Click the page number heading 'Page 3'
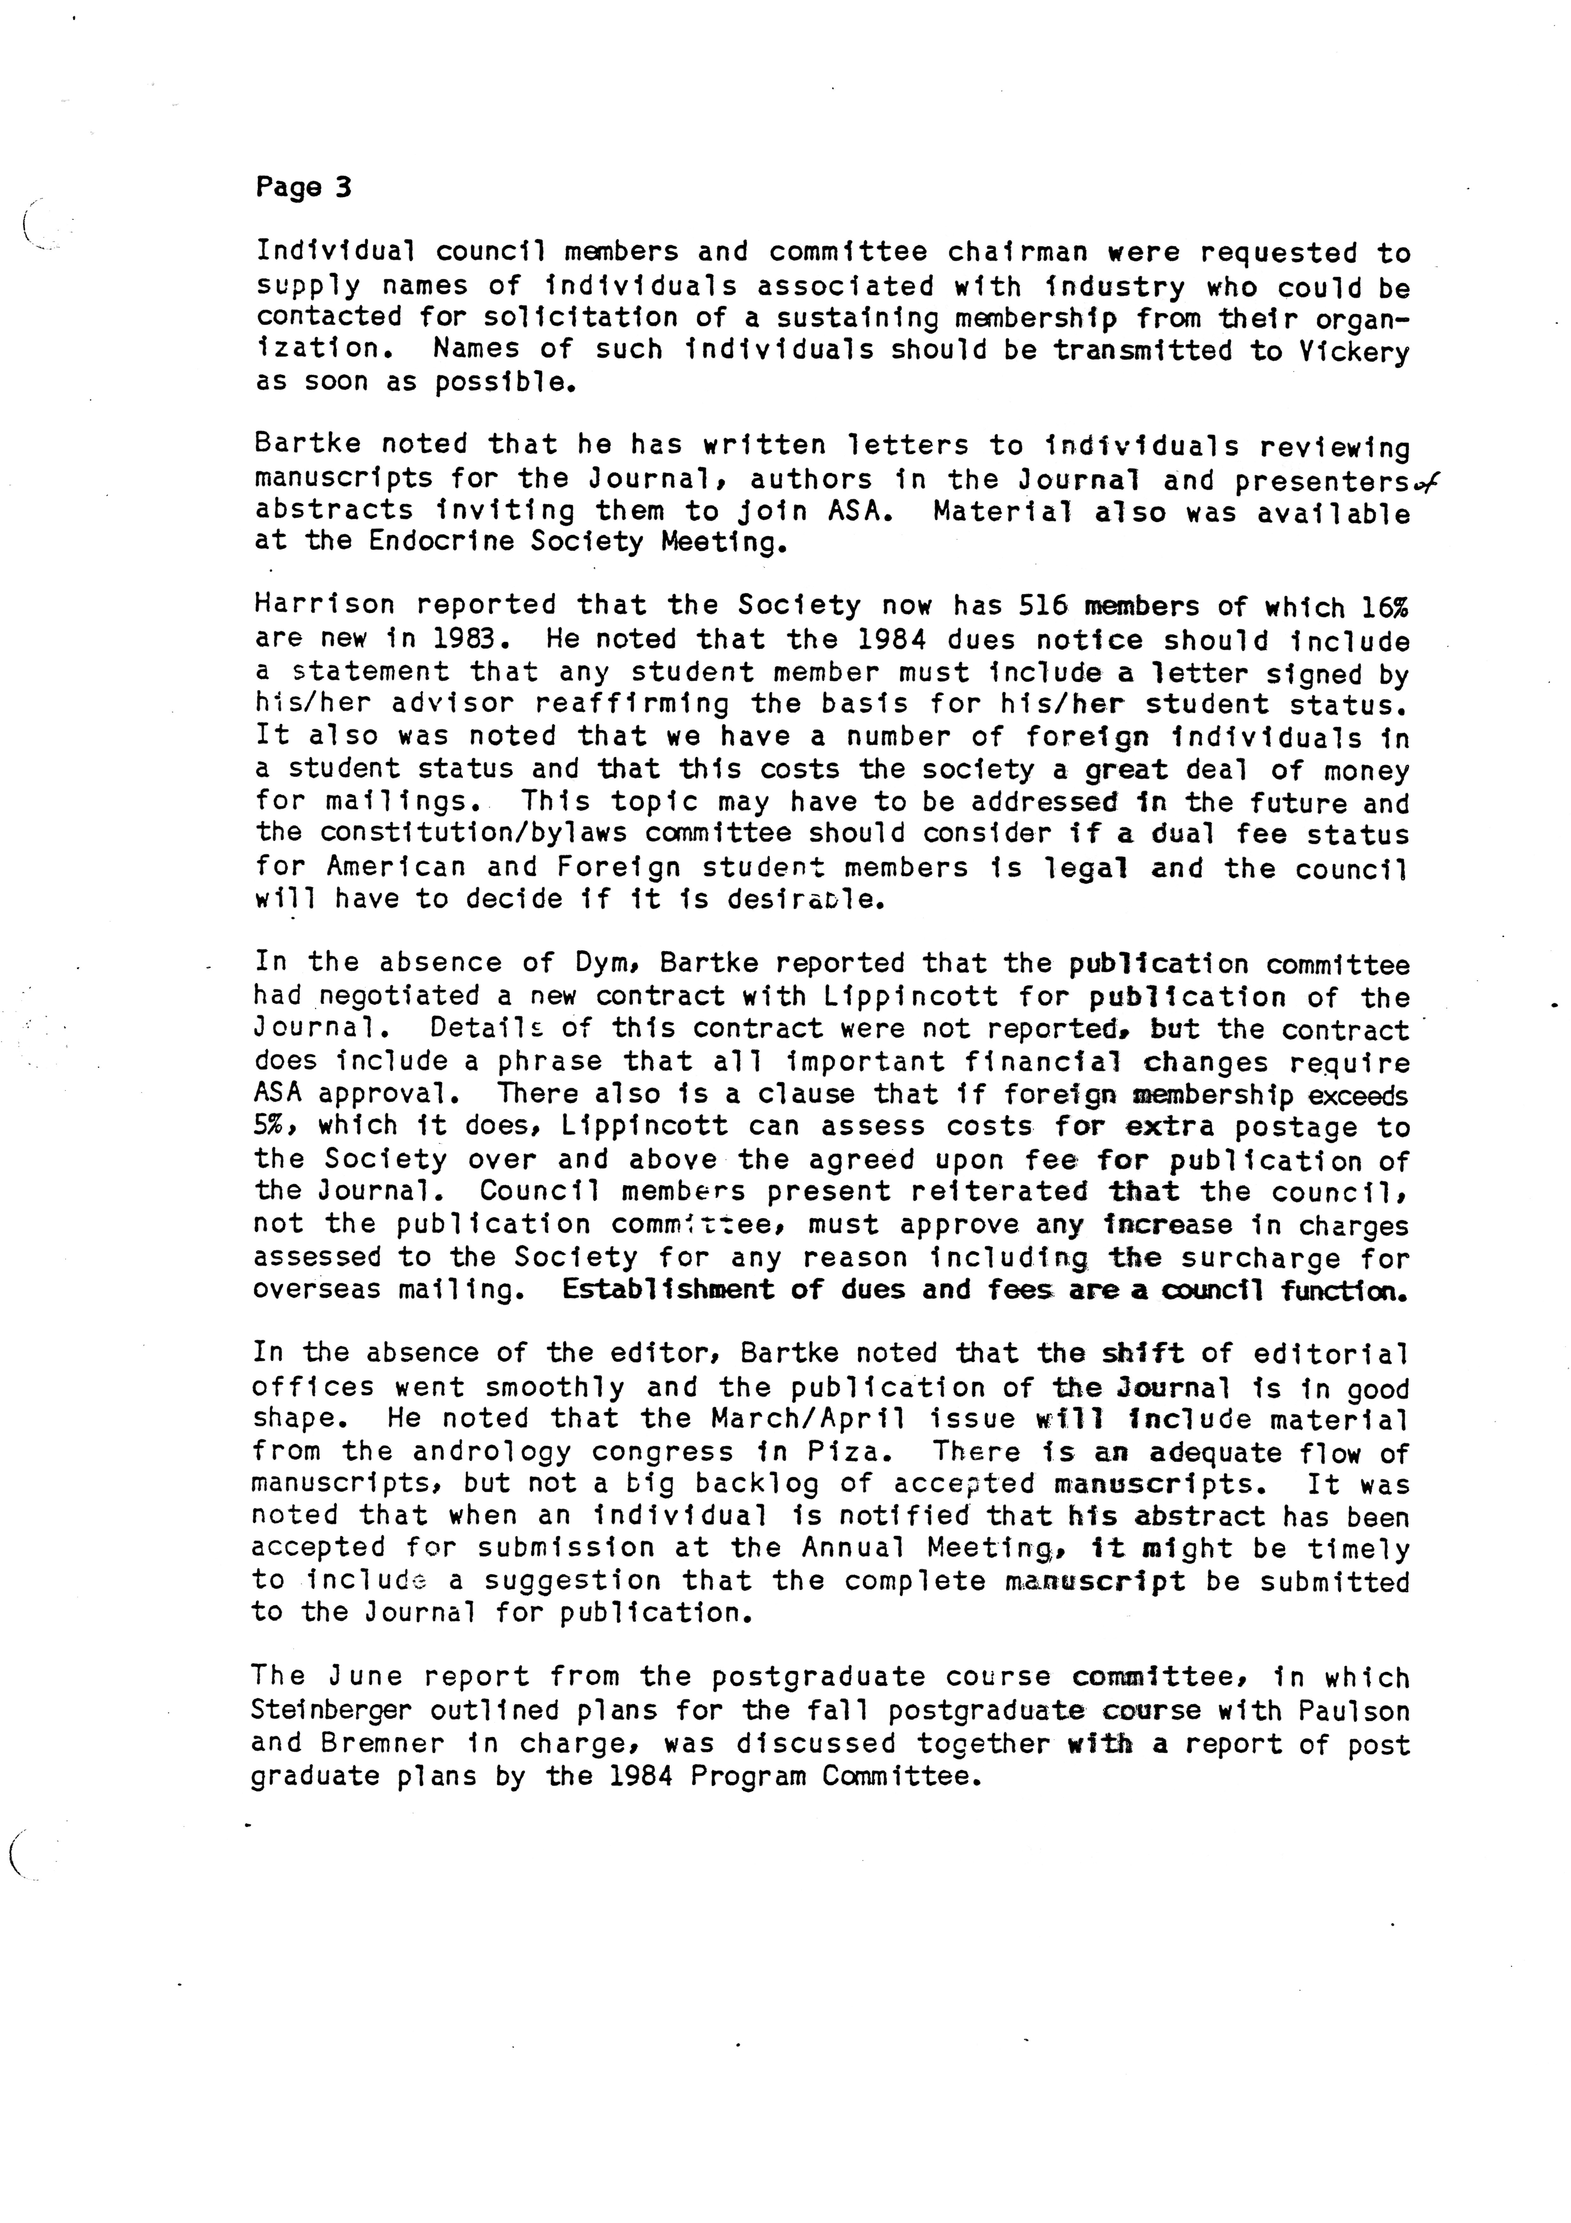(303, 187)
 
